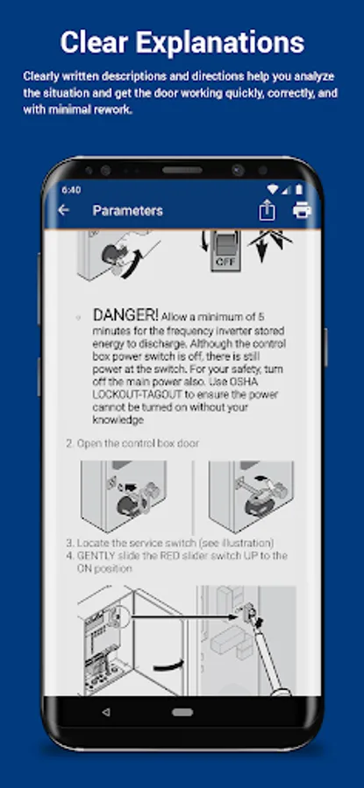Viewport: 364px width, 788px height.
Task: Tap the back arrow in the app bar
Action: pyautogui.click(x=63, y=210)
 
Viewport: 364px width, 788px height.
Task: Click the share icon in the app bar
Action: pyautogui.click(x=267, y=210)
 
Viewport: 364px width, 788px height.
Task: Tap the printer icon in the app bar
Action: pyautogui.click(x=302, y=210)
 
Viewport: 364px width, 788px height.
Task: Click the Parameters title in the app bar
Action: pyautogui.click(x=127, y=210)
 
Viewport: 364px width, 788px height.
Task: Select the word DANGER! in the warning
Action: pyautogui.click(x=125, y=315)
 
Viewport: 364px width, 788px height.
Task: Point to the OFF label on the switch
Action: pyautogui.click(x=225, y=261)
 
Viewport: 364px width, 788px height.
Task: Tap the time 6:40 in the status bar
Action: pyautogui.click(x=71, y=190)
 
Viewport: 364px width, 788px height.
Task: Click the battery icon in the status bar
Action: pyautogui.click(x=299, y=189)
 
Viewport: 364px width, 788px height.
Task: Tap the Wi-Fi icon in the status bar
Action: pyautogui.click(x=273, y=189)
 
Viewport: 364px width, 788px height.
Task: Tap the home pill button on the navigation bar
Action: pyautogui.click(x=182, y=712)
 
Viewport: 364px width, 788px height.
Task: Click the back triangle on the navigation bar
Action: pyautogui.click(x=106, y=712)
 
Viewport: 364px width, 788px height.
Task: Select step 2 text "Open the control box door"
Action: pyautogui.click(x=138, y=443)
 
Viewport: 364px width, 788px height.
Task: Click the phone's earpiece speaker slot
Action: pyautogui.click(x=182, y=170)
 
